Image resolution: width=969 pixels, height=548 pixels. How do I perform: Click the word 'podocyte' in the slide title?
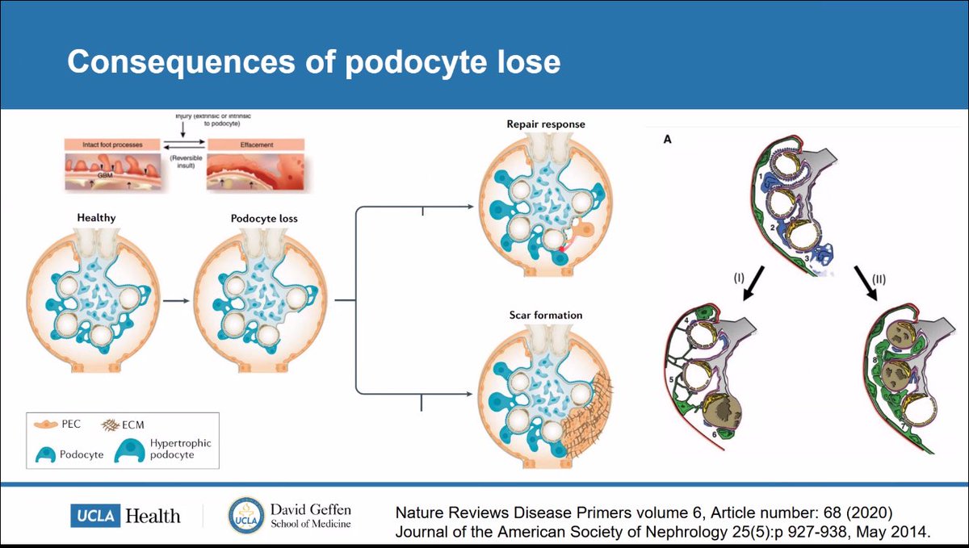point(412,61)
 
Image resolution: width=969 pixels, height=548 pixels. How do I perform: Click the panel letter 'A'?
point(667,138)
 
